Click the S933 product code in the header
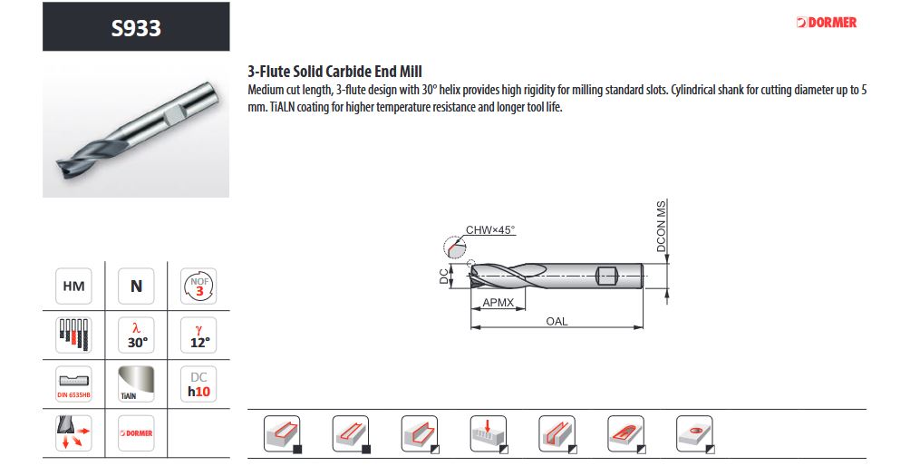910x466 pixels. (x=136, y=27)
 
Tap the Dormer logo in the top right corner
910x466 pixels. (x=827, y=23)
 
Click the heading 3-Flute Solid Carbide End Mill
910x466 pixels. (x=334, y=72)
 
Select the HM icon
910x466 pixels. (x=73, y=286)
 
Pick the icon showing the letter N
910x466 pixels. (x=136, y=286)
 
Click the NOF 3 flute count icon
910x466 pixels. (x=198, y=286)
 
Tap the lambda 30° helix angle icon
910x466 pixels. (x=136, y=335)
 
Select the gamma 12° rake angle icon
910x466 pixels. (x=198, y=335)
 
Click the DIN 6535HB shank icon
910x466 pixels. (x=73, y=384)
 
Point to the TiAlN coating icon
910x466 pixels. (x=136, y=384)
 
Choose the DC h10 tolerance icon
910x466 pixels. (x=198, y=384)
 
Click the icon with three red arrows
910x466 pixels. (x=73, y=433)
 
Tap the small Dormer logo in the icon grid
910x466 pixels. (x=136, y=433)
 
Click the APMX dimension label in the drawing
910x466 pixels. (x=498, y=302)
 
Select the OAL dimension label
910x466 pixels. (x=557, y=321)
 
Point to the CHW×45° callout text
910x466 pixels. (x=490, y=229)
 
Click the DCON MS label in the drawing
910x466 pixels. (x=662, y=226)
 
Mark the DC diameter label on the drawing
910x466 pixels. (x=444, y=277)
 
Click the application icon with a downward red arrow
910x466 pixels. (x=489, y=434)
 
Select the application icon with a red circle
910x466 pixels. (x=695, y=434)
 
